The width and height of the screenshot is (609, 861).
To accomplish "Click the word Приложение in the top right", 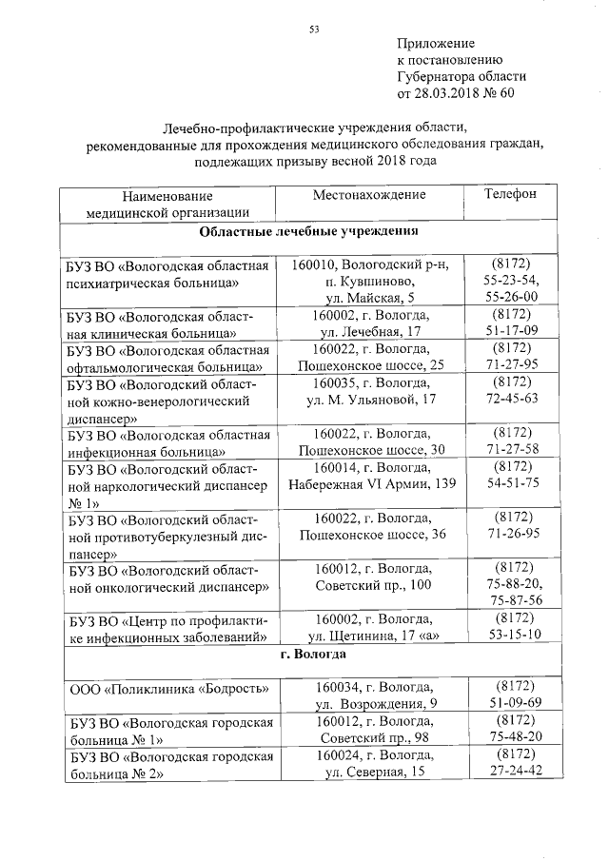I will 435,45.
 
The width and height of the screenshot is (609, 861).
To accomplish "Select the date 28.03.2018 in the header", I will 446,93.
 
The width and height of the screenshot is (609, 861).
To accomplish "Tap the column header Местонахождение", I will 369,195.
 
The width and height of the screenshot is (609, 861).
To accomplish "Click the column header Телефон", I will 510,194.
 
